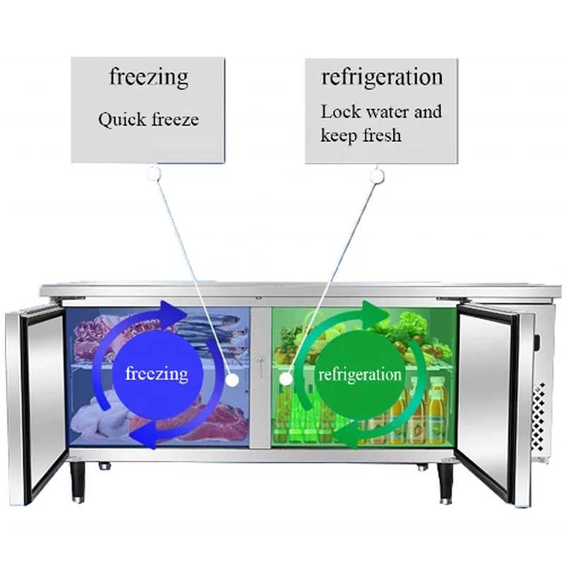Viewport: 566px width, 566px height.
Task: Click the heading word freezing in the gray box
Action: pyautogui.click(x=148, y=77)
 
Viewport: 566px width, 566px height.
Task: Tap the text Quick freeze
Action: pyautogui.click(x=148, y=119)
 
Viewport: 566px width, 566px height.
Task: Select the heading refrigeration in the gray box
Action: pyautogui.click(x=382, y=76)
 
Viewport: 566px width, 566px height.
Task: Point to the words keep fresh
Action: pyautogui.click(x=361, y=134)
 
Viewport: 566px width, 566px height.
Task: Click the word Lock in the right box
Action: pyautogui.click(x=340, y=112)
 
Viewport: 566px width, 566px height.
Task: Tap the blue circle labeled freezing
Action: pyautogui.click(x=156, y=374)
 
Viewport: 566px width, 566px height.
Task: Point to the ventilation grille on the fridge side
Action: pyautogui.click(x=541, y=417)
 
